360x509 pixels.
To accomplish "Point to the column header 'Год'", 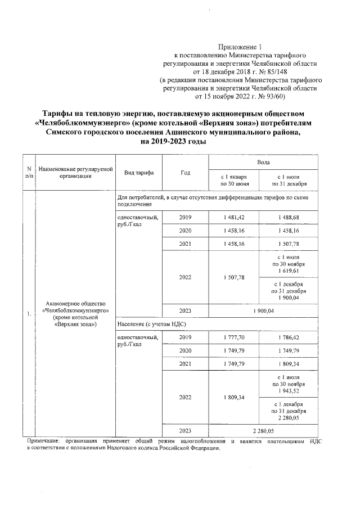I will click(185, 173).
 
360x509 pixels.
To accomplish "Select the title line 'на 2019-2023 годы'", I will click(173, 142).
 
